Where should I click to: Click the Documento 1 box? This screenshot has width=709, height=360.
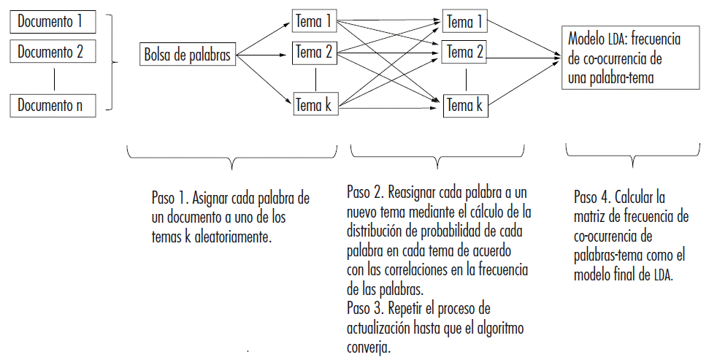pos(53,21)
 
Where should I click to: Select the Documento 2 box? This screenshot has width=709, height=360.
pos(53,52)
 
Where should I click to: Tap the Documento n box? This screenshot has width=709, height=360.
pos(53,105)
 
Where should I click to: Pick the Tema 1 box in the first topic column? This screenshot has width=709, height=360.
pos(313,21)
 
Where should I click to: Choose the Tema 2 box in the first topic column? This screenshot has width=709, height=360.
pos(313,52)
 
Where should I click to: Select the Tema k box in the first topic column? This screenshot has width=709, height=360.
pos(313,105)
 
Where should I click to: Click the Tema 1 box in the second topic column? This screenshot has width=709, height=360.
pos(464,21)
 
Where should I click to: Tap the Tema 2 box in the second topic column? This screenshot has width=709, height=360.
pos(464,52)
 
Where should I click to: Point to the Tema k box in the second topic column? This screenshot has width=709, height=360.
pos(464,105)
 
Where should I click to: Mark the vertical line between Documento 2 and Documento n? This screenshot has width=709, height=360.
pos(53,79)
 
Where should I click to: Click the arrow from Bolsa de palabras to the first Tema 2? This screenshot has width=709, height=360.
pos(263,54)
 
